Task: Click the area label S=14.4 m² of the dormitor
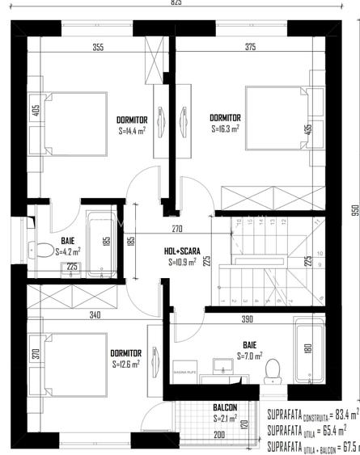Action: (x=131, y=130)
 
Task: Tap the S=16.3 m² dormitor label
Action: (x=225, y=128)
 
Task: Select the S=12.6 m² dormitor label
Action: (x=126, y=364)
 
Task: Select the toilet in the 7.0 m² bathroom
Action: (x=272, y=369)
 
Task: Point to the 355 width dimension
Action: (x=98, y=48)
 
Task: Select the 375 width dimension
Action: (x=250, y=48)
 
